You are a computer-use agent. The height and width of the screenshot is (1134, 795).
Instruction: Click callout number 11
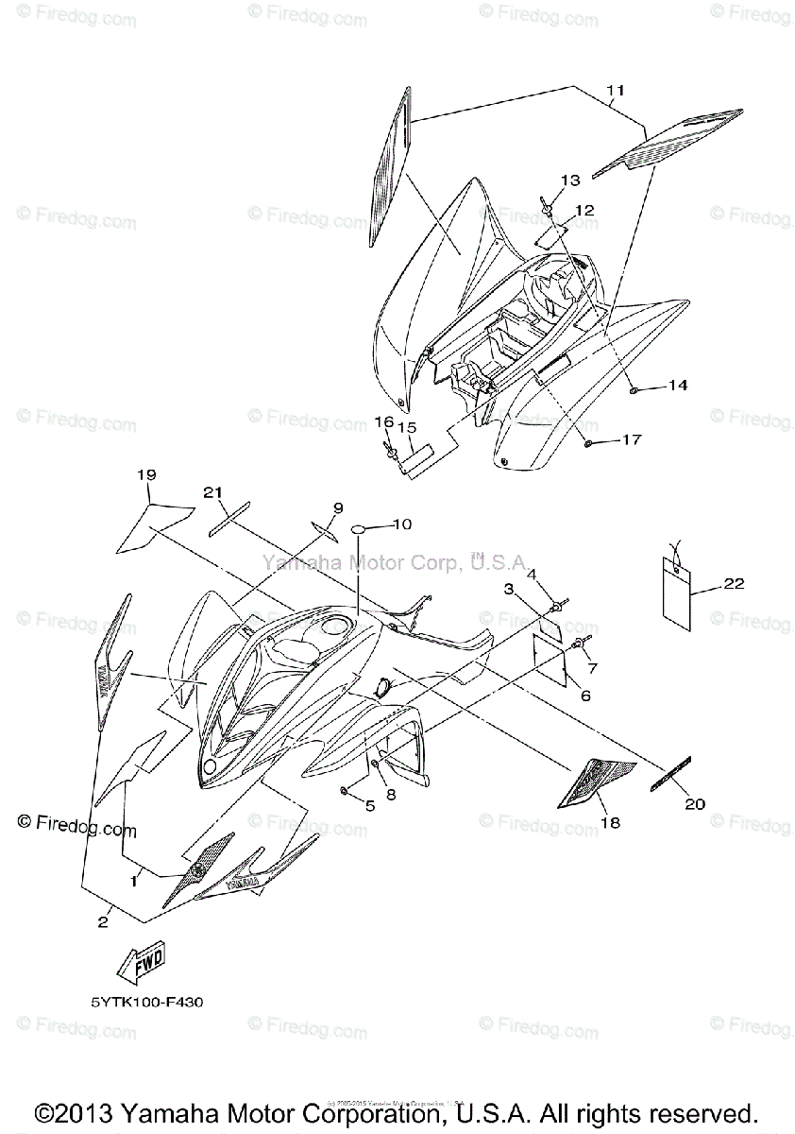(x=616, y=92)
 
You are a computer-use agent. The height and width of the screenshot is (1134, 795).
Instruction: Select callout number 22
(x=734, y=584)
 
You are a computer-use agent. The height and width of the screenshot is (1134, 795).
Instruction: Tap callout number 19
(x=145, y=474)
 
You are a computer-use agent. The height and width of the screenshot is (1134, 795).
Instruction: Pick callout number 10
(x=402, y=523)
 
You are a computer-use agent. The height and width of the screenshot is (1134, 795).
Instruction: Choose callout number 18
(x=610, y=823)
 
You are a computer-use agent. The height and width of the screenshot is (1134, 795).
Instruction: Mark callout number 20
(x=694, y=804)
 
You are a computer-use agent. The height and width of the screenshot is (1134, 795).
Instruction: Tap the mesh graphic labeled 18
(x=588, y=782)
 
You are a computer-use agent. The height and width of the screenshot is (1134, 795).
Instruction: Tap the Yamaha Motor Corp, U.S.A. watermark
(x=395, y=562)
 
